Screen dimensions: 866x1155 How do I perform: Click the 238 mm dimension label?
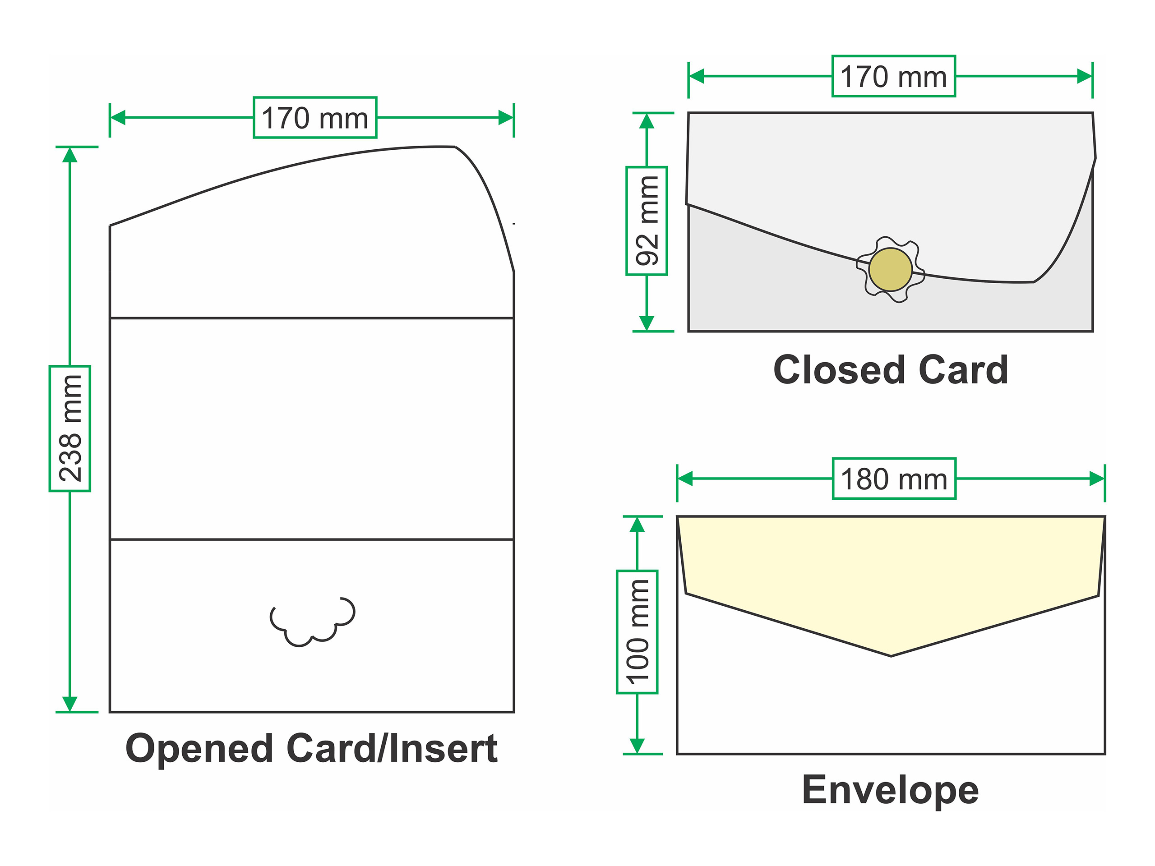(x=70, y=428)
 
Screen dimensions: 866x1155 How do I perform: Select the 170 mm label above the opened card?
(x=315, y=117)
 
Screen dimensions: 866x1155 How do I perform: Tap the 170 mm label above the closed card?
(x=893, y=76)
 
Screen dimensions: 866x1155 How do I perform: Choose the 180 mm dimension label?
(x=894, y=479)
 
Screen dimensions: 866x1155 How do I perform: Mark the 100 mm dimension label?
(x=637, y=632)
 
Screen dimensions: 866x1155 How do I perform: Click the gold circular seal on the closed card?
(x=890, y=269)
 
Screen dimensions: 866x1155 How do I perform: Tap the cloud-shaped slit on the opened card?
(x=312, y=622)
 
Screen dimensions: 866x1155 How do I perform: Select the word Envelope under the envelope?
(x=890, y=790)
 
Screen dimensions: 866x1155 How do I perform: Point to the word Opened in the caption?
(x=199, y=749)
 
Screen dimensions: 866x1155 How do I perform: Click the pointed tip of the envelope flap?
(x=891, y=655)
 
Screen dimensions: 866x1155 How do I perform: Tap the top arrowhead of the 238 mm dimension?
(x=70, y=155)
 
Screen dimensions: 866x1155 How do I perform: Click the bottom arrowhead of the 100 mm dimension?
(x=637, y=746)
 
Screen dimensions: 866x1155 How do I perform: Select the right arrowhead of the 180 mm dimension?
(x=1096, y=479)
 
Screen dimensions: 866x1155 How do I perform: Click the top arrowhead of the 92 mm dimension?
(x=647, y=121)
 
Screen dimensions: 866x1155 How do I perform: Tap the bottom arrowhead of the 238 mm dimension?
(x=70, y=704)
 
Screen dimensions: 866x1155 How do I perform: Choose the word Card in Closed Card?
(x=963, y=370)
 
